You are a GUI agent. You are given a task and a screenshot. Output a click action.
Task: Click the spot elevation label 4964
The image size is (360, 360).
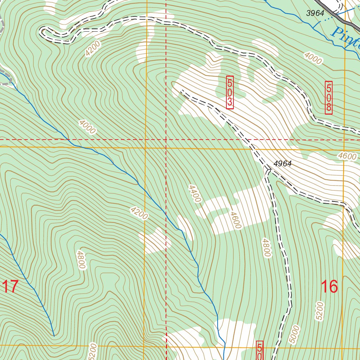click(x=283, y=164)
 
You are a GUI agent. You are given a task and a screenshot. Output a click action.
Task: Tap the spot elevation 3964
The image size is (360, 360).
click(x=315, y=13)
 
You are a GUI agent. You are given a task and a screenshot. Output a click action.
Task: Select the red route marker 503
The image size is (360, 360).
click(x=230, y=92)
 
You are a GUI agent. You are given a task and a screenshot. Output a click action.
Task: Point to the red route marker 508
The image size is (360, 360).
click(x=329, y=97)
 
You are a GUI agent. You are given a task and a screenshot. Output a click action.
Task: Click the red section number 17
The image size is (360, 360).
click(x=10, y=287)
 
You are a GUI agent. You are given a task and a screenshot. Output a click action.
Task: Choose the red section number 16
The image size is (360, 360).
click(x=329, y=287)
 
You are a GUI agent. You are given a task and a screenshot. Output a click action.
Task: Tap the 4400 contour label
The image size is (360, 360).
click(x=194, y=194)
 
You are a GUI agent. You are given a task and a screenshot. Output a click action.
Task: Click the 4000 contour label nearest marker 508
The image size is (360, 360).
click(x=313, y=58)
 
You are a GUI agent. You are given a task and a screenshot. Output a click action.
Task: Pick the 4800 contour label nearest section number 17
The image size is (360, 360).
click(x=81, y=260)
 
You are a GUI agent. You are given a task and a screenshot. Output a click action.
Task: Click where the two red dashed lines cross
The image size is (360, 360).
click(x=166, y=140)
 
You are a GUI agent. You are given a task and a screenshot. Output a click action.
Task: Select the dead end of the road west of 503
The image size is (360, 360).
click(x=181, y=91)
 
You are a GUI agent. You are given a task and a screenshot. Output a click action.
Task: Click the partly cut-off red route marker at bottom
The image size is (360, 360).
click(x=260, y=350)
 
